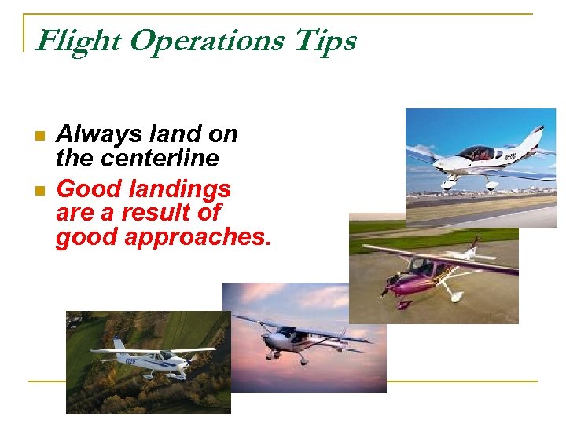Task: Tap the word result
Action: point(163,213)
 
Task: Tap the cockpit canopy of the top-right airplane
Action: point(475,152)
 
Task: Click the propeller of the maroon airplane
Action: point(386,288)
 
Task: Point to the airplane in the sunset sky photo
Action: point(299,338)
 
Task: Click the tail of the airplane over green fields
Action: point(118,345)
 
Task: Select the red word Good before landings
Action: point(83,189)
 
